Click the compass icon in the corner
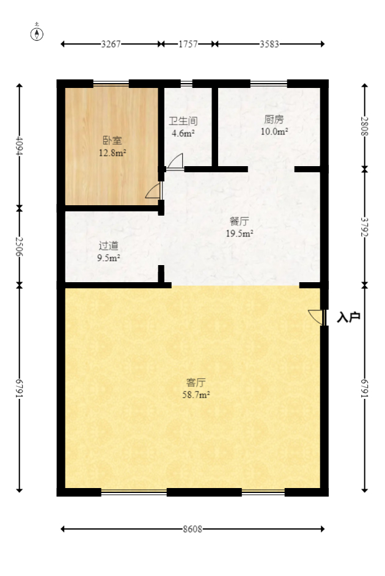coord(37,33)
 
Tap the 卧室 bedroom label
coord(112,140)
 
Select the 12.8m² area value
coord(112,153)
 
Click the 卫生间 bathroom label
coord(183,122)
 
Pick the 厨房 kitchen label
coord(274,120)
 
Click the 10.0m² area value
coord(274,131)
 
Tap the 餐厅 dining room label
coord(240,221)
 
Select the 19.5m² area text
coord(240,233)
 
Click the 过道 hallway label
coord(109,246)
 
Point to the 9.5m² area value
coord(109,257)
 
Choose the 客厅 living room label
coord(196,383)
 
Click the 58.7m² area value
coord(196,395)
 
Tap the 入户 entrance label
coord(348,317)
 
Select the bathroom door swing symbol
coord(175,161)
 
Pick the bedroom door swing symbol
coord(153,191)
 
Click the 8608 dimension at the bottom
coord(192,529)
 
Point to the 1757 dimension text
coord(188,44)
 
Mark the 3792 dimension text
coord(365,227)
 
